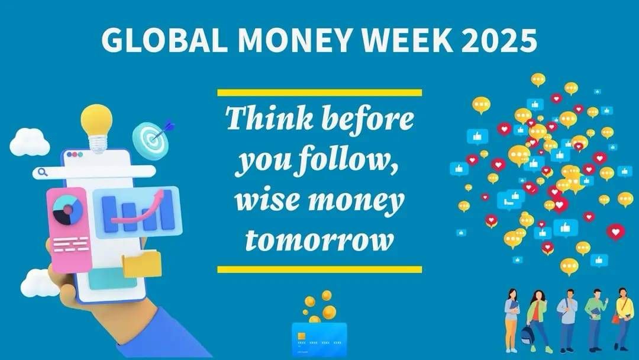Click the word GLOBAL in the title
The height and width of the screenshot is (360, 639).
pyautogui.click(x=164, y=40)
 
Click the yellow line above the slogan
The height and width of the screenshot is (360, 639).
pyautogui.click(x=319, y=92)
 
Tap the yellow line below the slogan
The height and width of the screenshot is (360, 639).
pyautogui.click(x=319, y=269)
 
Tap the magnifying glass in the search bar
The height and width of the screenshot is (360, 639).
pyautogui.click(x=43, y=172)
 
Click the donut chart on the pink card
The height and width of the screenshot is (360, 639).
pyautogui.click(x=67, y=210)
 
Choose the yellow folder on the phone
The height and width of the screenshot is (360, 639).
pyautogui.click(x=142, y=263)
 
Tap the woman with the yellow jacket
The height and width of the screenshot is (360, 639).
pyautogui.click(x=623, y=319)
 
